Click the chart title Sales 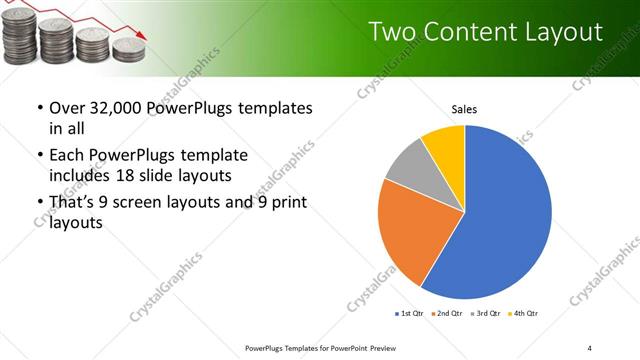pyautogui.click(x=464, y=109)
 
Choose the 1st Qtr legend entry pyautogui.click(x=410, y=314)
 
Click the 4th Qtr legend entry pyautogui.click(x=524, y=314)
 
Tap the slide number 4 pyautogui.click(x=589, y=347)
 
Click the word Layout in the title pyautogui.click(x=564, y=33)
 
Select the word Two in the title pyautogui.click(x=391, y=33)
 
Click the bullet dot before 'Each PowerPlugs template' pyautogui.click(x=39, y=157)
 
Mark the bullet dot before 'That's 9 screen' pyautogui.click(x=39, y=204)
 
